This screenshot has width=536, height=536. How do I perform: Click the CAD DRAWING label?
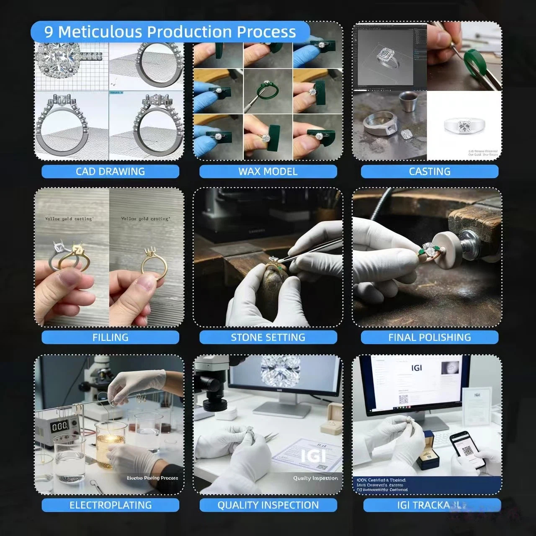tap(110, 171)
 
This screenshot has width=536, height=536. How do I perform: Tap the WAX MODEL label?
tap(268, 171)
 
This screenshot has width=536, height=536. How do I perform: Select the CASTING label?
tap(430, 171)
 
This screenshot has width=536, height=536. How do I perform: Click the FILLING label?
tap(110, 337)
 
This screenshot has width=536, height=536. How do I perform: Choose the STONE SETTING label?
tap(268, 337)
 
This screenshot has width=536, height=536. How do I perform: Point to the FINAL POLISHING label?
tap(430, 337)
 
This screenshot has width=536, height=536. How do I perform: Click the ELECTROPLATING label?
tap(110, 505)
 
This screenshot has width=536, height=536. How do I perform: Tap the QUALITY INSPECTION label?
tap(268, 505)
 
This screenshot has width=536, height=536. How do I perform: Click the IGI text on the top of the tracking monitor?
tap(416, 368)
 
